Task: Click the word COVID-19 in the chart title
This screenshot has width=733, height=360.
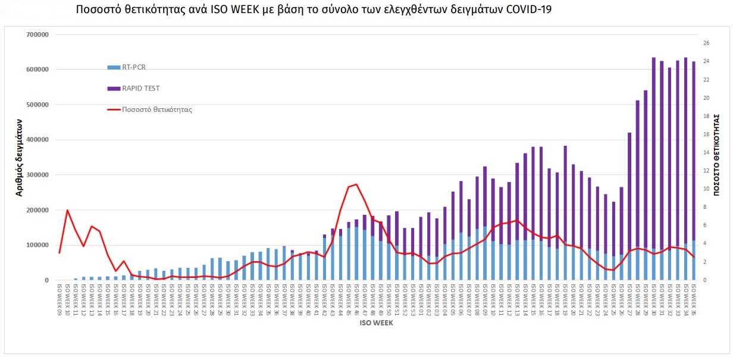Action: click(x=518, y=10)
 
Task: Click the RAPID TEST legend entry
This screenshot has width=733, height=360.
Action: click(x=140, y=89)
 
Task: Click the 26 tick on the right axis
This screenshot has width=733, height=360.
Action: click(x=706, y=43)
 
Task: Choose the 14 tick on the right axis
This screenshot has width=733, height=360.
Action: click(x=706, y=153)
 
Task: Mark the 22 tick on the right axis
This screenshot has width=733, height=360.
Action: click(x=706, y=80)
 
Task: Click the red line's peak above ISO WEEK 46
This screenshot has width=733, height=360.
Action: click(x=356, y=184)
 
